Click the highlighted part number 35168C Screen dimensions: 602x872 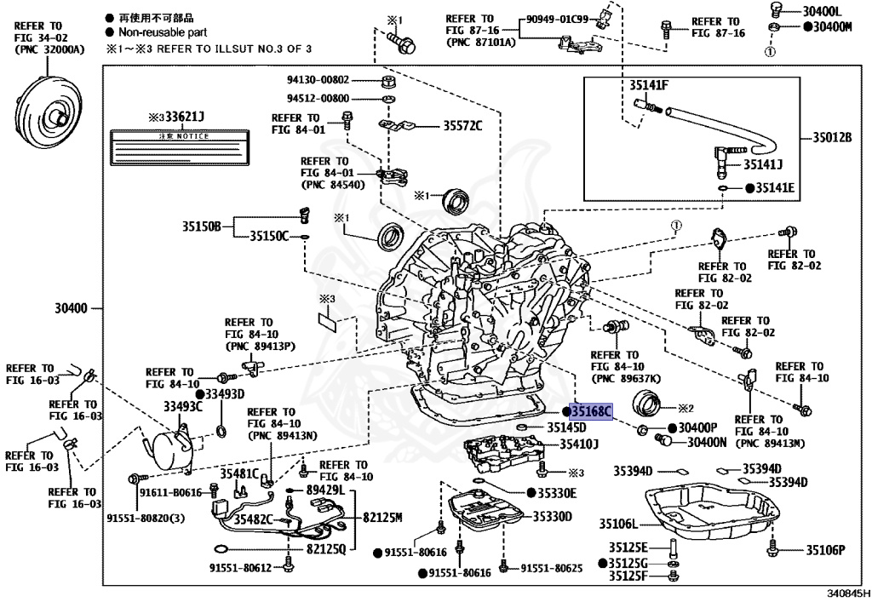click(591, 412)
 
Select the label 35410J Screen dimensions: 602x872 click(578, 444)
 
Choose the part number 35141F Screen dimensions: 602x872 click(649, 85)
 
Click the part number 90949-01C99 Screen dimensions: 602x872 click(559, 19)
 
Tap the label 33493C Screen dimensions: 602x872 click(183, 407)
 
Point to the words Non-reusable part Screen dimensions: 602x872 click(156, 32)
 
